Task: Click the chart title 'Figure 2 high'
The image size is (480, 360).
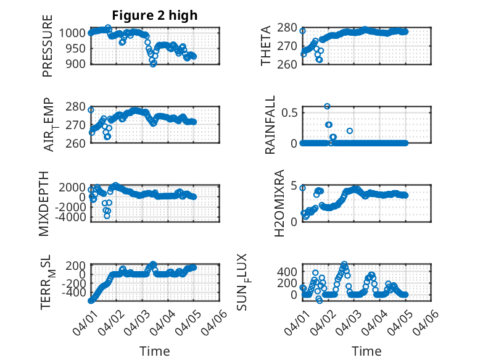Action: tap(154, 15)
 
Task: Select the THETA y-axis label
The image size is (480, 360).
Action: tap(266, 46)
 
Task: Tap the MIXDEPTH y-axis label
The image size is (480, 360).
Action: tap(44, 203)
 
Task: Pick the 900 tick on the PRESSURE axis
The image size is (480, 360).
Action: tap(77, 63)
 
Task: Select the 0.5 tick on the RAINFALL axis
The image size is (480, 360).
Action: tap(291, 112)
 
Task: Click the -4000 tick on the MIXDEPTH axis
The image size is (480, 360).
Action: tap(70, 217)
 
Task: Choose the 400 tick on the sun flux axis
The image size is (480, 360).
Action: tap(288, 271)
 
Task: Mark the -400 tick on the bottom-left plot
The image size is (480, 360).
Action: tap(73, 293)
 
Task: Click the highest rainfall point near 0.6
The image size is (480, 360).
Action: tap(327, 106)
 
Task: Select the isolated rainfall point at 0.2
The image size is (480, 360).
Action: tap(350, 131)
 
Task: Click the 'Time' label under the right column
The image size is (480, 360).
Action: tap(366, 351)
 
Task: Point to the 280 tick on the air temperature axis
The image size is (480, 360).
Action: tap(77, 106)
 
